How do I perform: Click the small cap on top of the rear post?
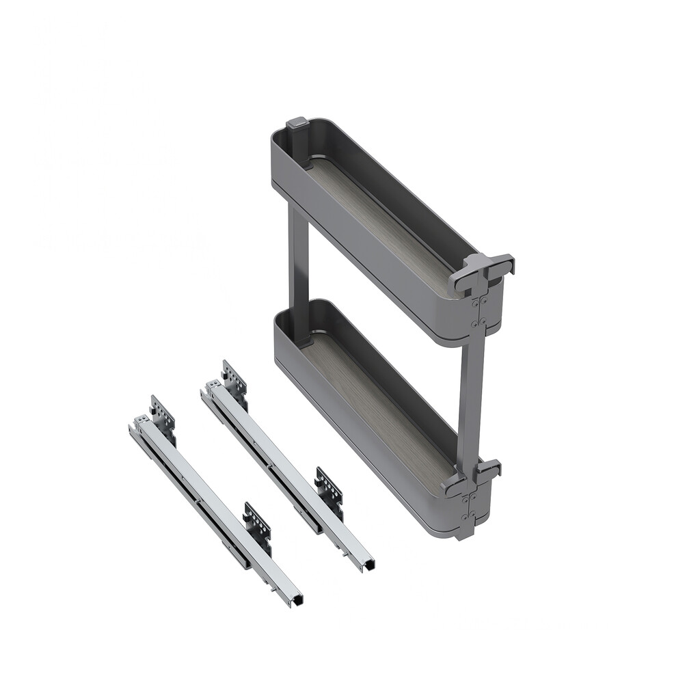(x=297, y=124)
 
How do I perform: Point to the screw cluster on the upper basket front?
(x=479, y=310)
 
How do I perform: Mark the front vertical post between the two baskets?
(x=471, y=396)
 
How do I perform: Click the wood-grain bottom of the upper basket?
(x=383, y=219)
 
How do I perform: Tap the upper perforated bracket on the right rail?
(x=234, y=377)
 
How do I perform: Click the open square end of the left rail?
(x=295, y=600)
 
